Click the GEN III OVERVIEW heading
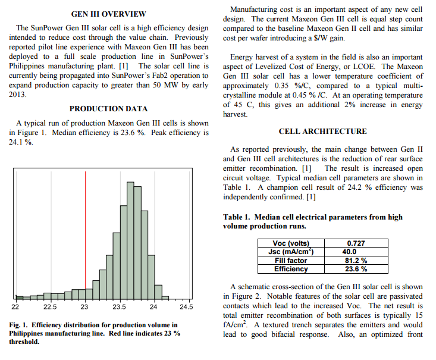pyautogui.click(x=108, y=14)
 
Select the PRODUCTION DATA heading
pyautogui.click(x=108, y=109)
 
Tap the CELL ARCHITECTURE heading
pyautogui.click(x=322, y=132)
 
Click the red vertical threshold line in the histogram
pyautogui.click(x=86, y=235)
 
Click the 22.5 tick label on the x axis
pyautogui.click(x=50, y=307)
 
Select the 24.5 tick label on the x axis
pyautogui.click(x=187, y=307)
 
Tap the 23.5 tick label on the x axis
pyautogui.click(x=119, y=307)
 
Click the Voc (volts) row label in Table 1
pyautogui.click(x=291, y=243)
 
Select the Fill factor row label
pyautogui.click(x=291, y=261)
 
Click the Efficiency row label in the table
pyautogui.click(x=291, y=269)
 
